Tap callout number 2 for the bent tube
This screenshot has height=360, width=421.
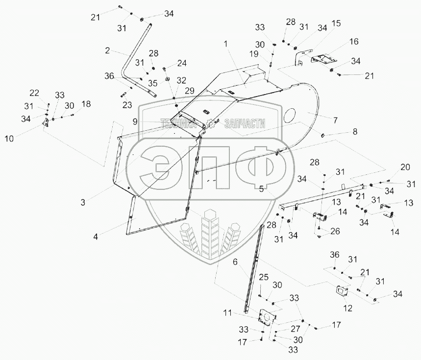[x=107, y=50]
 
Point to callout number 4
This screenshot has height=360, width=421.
[x=97, y=237]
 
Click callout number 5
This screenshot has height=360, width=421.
[x=262, y=189]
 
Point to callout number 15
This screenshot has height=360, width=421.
[x=336, y=23]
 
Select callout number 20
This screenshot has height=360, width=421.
[x=404, y=167]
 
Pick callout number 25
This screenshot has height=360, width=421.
[x=264, y=277]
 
